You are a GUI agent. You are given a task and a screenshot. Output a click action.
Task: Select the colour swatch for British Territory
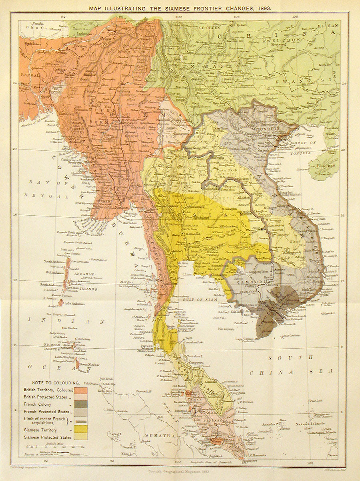[x=81, y=390]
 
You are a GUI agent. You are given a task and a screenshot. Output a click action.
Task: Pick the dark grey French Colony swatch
[x=81, y=404]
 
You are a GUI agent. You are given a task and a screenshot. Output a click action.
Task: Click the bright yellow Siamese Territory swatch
[x=81, y=429]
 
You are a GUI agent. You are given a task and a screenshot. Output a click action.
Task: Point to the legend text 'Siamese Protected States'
[x=48, y=437]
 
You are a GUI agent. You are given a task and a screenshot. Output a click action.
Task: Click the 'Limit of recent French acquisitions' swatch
[x=81, y=421]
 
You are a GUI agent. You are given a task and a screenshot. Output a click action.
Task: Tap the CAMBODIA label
[x=253, y=282]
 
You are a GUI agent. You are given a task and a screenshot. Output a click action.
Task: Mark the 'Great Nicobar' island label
[x=89, y=365]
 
